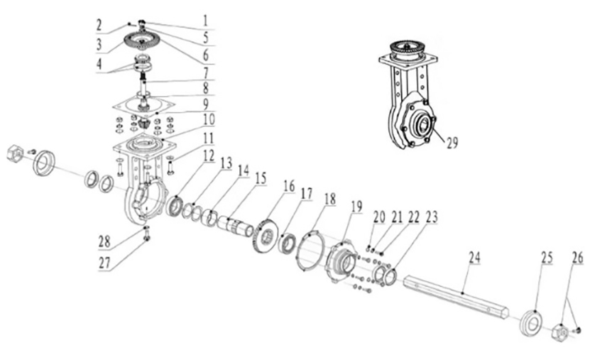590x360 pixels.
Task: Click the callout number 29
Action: coord(452,143)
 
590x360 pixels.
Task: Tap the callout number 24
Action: coord(474,258)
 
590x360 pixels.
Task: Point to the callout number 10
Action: coord(209,119)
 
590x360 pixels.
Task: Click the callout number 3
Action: coord(99,45)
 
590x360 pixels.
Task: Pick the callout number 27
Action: coord(104,263)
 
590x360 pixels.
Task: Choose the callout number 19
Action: coord(356,206)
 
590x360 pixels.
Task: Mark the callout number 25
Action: coord(547,258)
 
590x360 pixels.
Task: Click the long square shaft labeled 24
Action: coord(456,297)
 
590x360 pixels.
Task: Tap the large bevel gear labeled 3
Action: coord(143,40)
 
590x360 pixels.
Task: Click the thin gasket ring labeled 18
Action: coord(311,251)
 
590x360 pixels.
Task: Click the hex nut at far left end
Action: coord(15,153)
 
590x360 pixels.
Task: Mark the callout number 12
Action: coord(209,156)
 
